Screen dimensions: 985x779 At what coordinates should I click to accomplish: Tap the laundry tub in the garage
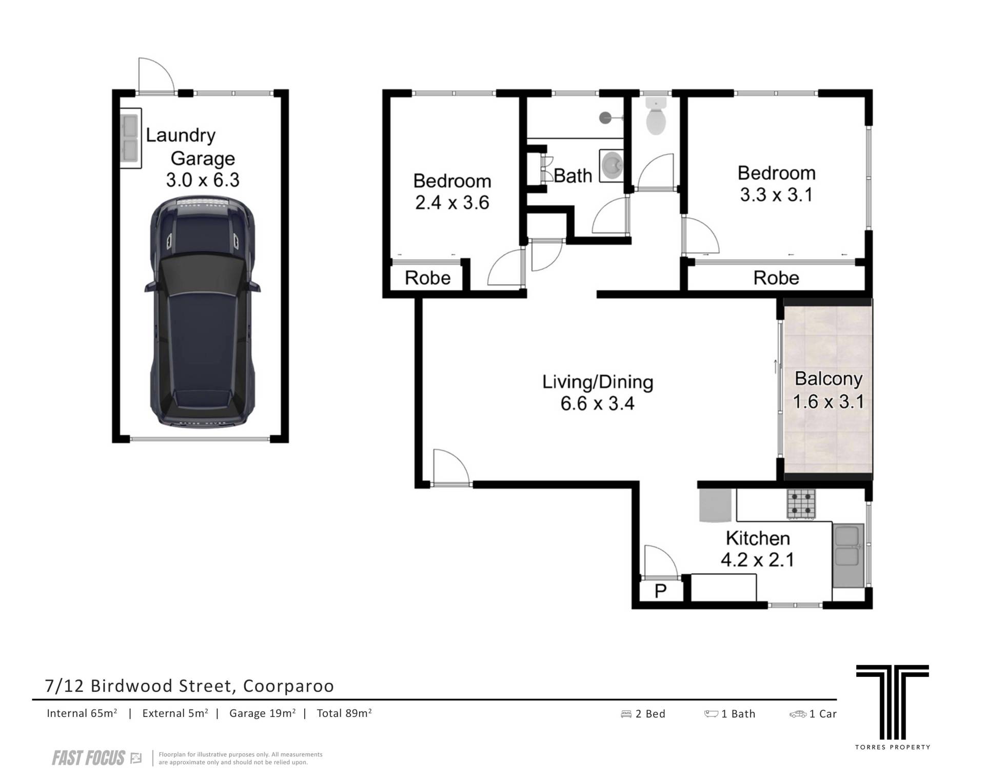pyautogui.click(x=131, y=139)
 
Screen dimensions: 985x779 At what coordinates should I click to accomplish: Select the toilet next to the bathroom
pyautogui.click(x=656, y=116)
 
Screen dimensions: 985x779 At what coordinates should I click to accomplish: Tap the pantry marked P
pyautogui.click(x=661, y=591)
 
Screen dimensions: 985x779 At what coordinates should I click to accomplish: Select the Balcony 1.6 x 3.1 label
pyautogui.click(x=829, y=390)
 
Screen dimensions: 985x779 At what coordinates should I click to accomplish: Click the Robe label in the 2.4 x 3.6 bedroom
pyautogui.click(x=427, y=278)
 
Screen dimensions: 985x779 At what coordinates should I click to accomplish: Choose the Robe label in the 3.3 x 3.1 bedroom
pyautogui.click(x=776, y=278)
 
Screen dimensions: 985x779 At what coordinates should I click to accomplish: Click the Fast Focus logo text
pyautogui.click(x=89, y=758)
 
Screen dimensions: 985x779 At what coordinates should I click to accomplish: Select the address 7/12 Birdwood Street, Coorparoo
pyautogui.click(x=190, y=686)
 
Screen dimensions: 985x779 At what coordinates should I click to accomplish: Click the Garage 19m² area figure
pyautogui.click(x=262, y=713)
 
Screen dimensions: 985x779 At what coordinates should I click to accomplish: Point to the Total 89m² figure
pyautogui.click(x=344, y=713)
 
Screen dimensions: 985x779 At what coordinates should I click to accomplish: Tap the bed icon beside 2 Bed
pyautogui.click(x=626, y=714)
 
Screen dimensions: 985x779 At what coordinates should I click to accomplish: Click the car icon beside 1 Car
pyautogui.click(x=798, y=714)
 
